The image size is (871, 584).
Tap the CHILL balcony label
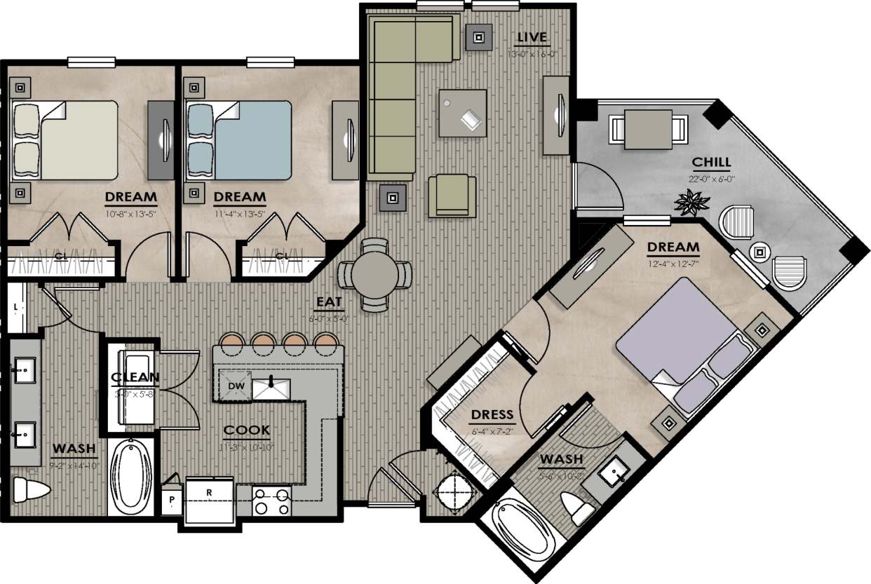tap(711, 163)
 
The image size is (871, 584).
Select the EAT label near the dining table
tap(329, 302)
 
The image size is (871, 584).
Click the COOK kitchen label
tap(246, 430)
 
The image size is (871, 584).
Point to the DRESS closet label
tap(492, 414)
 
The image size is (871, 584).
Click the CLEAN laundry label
tap(135, 378)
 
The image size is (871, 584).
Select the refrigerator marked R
tap(210, 499)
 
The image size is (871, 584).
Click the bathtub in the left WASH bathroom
tap(133, 477)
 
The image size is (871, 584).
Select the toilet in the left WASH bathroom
tap(31, 489)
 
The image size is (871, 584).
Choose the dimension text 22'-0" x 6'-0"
tap(711, 178)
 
